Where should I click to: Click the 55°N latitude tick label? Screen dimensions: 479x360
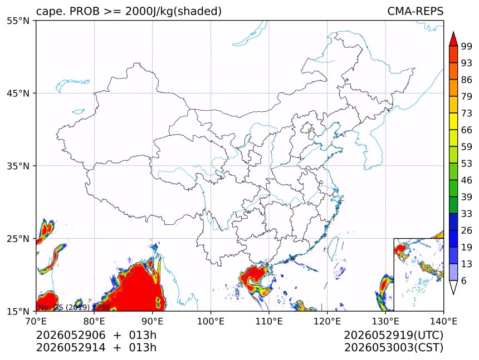[x=18, y=21]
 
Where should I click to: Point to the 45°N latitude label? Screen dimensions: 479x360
[x=18, y=93]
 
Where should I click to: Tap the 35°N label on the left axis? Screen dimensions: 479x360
[x=18, y=166]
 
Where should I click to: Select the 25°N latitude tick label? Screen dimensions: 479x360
[x=18, y=239]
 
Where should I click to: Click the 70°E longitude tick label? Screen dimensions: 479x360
[x=36, y=321]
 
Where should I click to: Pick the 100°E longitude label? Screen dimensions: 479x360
[x=211, y=321]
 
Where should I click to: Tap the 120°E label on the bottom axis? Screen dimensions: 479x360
[x=327, y=321]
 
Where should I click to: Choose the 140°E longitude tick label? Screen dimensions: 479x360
[x=443, y=321]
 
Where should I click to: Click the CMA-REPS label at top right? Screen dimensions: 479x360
[x=415, y=11]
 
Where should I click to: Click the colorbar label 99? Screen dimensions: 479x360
[x=467, y=46]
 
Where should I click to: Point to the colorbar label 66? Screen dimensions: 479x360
[x=467, y=130]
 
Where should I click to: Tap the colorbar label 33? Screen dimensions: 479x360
[x=467, y=214]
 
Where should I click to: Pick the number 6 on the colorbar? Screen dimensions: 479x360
[x=464, y=281]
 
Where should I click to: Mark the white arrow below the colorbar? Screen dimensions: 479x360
[x=453, y=287]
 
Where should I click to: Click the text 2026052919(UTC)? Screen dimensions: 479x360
[x=393, y=336]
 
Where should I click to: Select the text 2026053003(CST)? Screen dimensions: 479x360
[x=393, y=348]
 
